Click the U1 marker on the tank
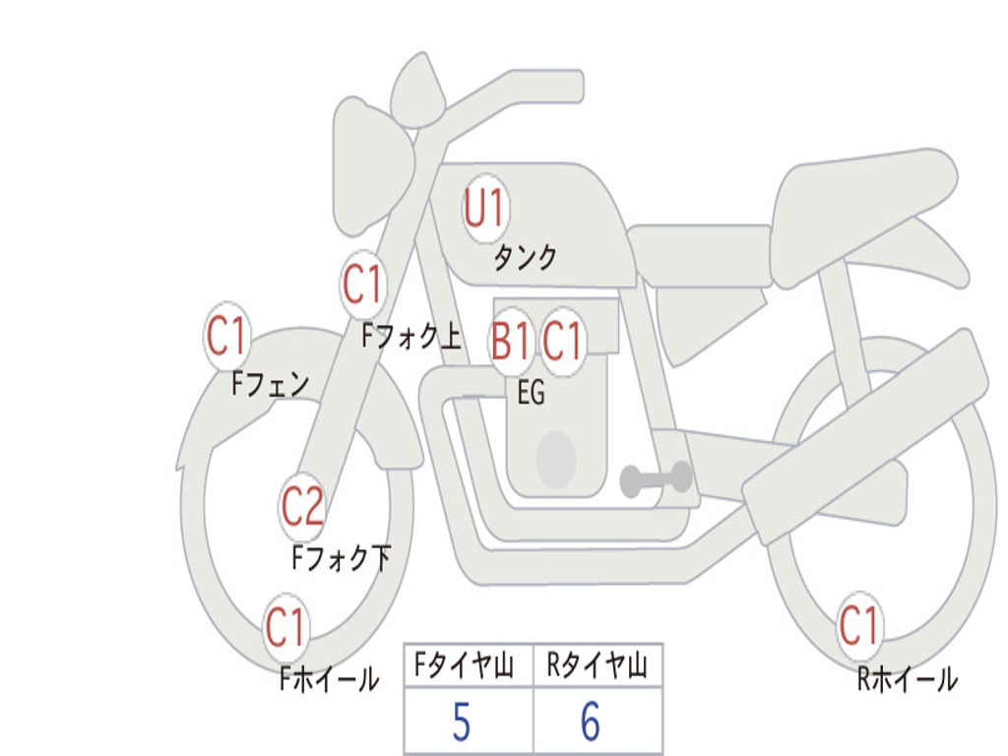[485, 209]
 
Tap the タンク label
[525, 258]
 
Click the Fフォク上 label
[410, 338]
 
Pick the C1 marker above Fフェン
[226, 337]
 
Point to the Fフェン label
[271, 383]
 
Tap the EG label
[531, 394]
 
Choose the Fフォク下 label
[341, 559]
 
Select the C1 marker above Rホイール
[858, 626]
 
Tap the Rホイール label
[907, 678]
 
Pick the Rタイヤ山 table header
[597, 667]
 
